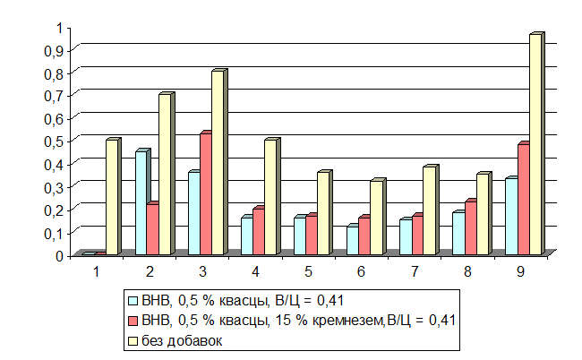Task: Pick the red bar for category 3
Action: [204, 193]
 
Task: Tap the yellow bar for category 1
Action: [111, 198]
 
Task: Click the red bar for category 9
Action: [523, 200]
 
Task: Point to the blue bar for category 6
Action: [352, 240]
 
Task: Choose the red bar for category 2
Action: [152, 229]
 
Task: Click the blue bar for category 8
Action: [458, 233]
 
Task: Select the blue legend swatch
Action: [133, 300]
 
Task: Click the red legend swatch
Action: [133, 320]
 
